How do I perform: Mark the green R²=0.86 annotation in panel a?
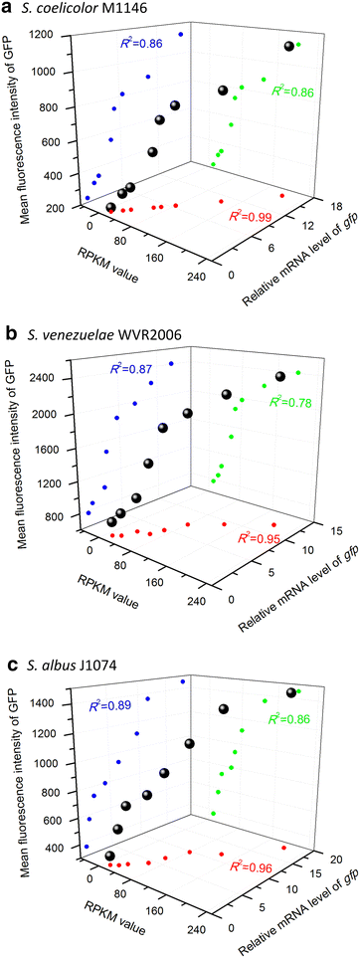(284, 92)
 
